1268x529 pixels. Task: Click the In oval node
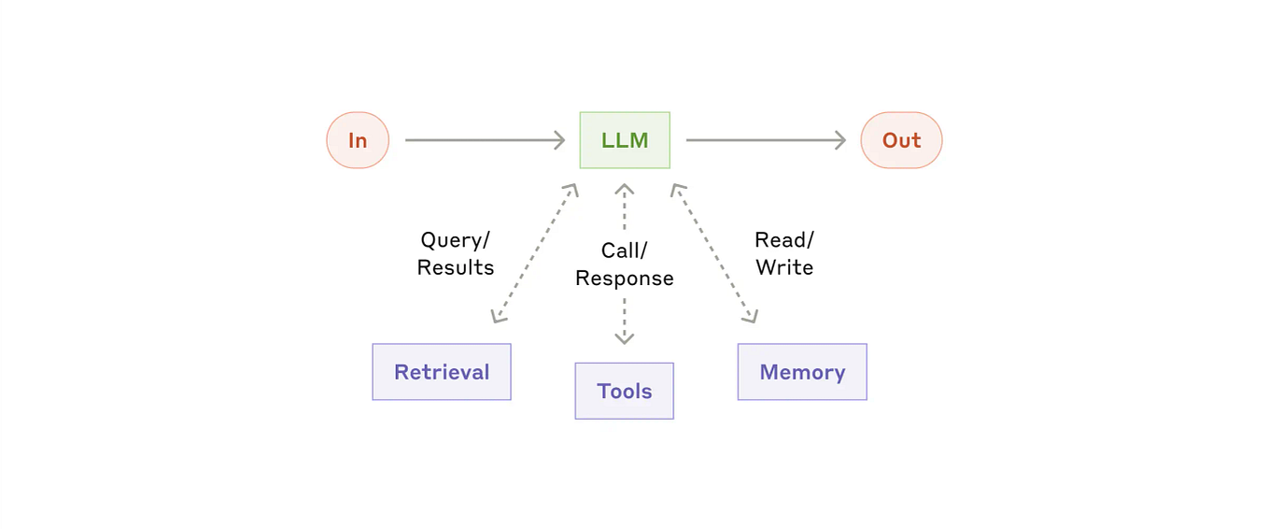click(358, 140)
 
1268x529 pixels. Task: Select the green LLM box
click(625, 140)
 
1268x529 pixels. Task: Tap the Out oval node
click(901, 140)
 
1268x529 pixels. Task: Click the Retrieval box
click(442, 372)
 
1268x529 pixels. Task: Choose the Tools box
click(624, 391)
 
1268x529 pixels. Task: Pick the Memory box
click(802, 372)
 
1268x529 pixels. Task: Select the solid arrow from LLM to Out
click(765, 140)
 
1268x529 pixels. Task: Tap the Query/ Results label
click(456, 253)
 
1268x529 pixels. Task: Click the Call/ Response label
click(624, 264)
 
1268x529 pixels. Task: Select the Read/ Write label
click(784, 253)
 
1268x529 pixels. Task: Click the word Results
click(456, 267)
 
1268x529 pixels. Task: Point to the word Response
click(624, 279)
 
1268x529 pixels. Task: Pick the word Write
click(784, 267)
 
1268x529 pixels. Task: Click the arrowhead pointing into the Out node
click(840, 140)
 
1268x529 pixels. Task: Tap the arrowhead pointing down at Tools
click(624, 337)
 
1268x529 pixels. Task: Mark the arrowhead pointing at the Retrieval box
click(498, 317)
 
